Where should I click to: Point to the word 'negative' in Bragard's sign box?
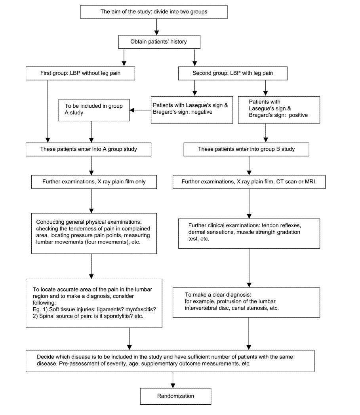(202, 112)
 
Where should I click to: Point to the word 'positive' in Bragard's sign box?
(298, 115)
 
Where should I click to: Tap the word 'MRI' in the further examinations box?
(310, 181)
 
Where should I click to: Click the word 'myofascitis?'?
(141, 309)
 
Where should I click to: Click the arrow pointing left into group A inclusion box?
(140, 110)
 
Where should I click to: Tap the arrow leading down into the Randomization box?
(173, 380)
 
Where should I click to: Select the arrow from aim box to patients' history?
(156, 27)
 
